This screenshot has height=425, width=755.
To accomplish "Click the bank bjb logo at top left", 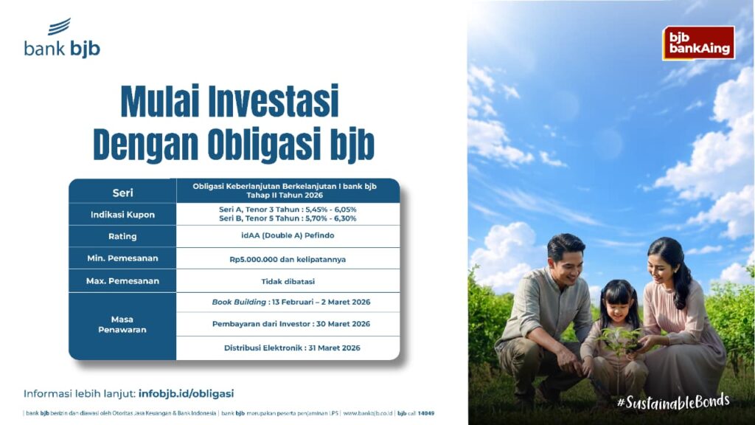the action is click(x=62, y=38).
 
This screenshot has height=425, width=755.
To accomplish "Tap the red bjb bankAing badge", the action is click(x=699, y=43).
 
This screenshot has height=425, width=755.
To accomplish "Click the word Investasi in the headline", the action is click(x=274, y=101).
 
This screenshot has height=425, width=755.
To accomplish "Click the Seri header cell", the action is click(x=123, y=193).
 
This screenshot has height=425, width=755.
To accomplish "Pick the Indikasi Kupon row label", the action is click(x=123, y=215).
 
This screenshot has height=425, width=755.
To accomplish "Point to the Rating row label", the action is click(x=123, y=237).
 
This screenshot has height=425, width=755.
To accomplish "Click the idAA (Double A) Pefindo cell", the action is click(x=288, y=235).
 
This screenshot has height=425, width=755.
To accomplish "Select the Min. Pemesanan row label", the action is click(x=123, y=258).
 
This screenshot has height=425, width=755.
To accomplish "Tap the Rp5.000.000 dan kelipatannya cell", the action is click(x=288, y=259).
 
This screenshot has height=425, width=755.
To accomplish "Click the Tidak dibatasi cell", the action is click(x=288, y=281).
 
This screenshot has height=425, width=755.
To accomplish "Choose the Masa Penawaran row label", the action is click(x=122, y=325).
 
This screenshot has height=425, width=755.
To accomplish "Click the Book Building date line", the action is click(x=291, y=302).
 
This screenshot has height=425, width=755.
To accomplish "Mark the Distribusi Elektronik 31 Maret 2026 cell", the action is click(x=292, y=348).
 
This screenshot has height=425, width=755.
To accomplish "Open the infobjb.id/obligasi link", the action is click(x=186, y=394).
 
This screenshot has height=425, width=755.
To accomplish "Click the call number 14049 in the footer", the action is click(x=425, y=413).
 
